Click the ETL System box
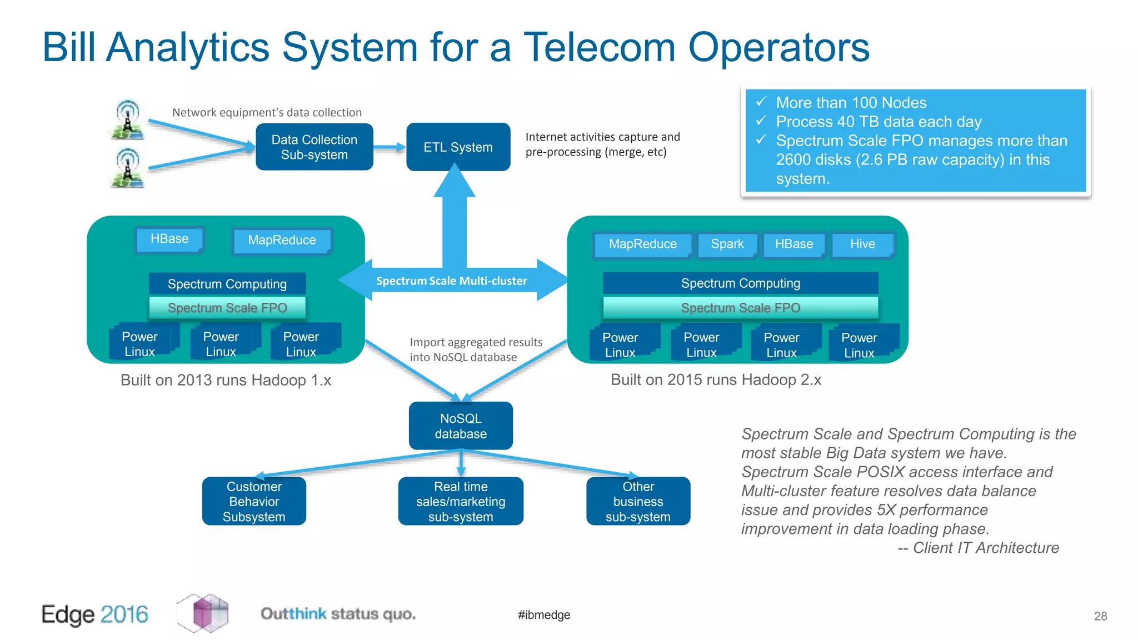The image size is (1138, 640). coord(458,147)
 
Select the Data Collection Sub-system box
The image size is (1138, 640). coord(314,147)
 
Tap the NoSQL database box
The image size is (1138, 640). coord(461,426)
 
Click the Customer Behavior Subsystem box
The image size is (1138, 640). coord(254,501)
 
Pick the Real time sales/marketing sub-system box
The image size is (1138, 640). coord(461,501)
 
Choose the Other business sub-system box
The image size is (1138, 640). coord(638,501)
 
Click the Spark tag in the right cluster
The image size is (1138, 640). coord(727,244)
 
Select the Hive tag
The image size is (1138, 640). coord(862,244)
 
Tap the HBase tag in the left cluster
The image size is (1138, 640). coord(169,239)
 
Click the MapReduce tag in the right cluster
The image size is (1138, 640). coord(642,244)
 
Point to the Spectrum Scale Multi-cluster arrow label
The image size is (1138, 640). coord(451,281)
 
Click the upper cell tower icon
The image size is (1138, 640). coord(128,119)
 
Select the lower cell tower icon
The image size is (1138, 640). coord(128,167)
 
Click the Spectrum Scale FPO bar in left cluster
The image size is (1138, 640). coord(227,308)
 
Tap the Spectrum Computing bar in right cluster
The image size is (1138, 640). coord(740,283)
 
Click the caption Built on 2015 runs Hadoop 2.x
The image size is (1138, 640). coord(716,380)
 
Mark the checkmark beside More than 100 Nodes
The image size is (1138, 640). coord(761,102)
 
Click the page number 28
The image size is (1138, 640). coord(1100,616)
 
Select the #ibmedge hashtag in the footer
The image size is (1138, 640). coord(544,615)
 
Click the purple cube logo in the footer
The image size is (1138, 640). coord(203,613)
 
